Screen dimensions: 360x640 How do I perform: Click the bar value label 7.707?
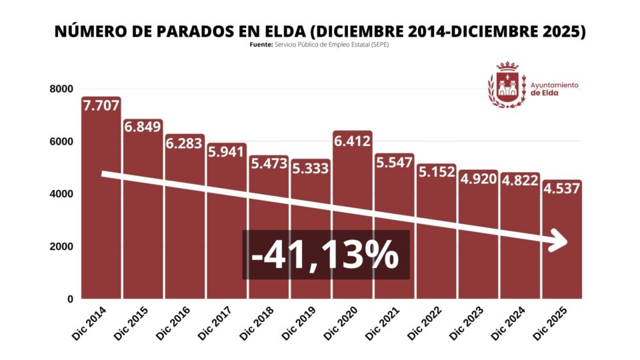101,106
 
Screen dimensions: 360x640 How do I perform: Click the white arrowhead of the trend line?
559,241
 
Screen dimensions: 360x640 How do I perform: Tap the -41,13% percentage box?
325,255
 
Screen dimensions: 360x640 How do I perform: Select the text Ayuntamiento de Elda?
554,89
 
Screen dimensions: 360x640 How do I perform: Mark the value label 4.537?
561,189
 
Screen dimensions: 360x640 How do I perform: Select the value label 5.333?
310,168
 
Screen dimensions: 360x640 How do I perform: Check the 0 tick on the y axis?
69,299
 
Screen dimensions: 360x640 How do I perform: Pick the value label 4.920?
478,179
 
